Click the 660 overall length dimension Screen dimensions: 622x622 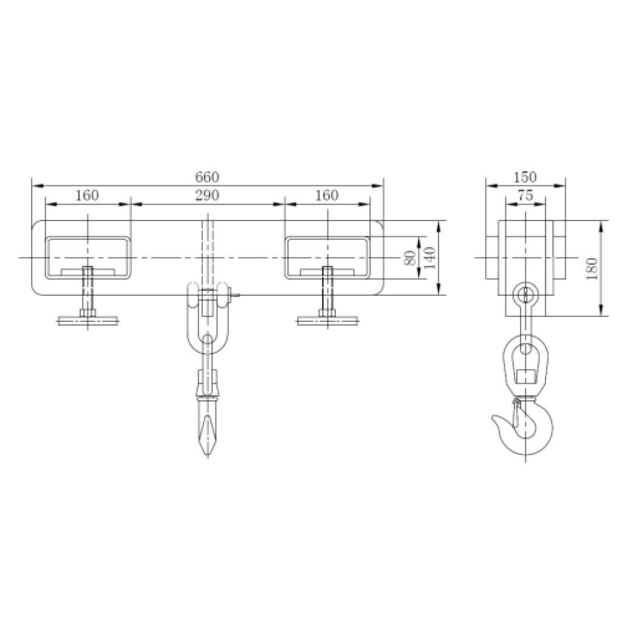pos(207,177)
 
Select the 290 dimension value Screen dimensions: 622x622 pos(207,195)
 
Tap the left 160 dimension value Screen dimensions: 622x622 pos(87,195)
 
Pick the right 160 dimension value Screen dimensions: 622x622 pos(327,195)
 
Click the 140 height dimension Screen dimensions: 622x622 pos(429,258)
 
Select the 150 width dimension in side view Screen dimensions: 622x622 pos(525,177)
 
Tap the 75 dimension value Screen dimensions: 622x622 pos(525,195)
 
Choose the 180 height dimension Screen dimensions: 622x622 pos(592,268)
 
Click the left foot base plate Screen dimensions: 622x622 pos(87,321)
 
